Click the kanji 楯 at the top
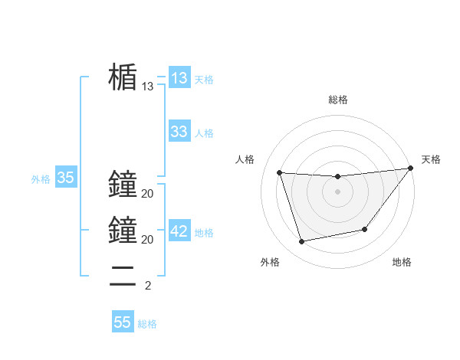tap(123, 77)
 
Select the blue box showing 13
tap(179, 77)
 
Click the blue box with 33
tap(179, 132)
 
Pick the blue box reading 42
tap(179, 231)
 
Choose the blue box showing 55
tap(123, 322)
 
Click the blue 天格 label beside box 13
tap(204, 79)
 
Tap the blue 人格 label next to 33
tap(204, 133)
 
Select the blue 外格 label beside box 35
tap(41, 179)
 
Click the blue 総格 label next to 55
tap(147, 324)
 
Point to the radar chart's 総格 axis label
tap(337, 100)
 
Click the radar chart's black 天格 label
tap(431, 159)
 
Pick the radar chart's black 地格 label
tap(402, 262)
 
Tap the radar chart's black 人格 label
tap(245, 159)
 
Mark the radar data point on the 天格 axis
tap(410, 169)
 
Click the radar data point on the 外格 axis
tap(302, 241)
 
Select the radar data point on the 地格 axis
tap(365, 229)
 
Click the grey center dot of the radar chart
tap(337, 191)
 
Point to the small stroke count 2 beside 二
tap(147, 286)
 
